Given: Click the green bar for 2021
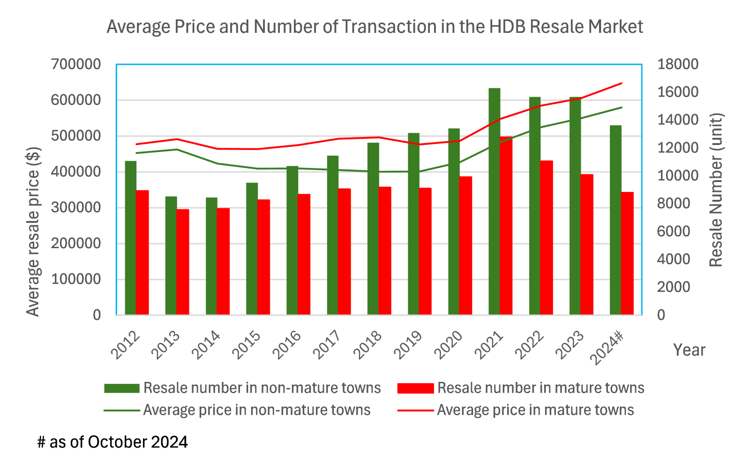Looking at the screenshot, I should [x=494, y=201].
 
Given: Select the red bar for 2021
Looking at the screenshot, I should [x=506, y=226].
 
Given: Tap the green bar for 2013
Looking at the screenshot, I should [x=171, y=256].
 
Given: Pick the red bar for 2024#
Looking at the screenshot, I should [x=627, y=253].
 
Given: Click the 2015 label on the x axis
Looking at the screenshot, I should [x=247, y=345].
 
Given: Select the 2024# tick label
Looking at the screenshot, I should [x=607, y=348].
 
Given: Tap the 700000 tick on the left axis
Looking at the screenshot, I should [x=76, y=64].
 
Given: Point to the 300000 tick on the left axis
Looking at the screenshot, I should [x=76, y=207].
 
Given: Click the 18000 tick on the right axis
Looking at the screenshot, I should [x=678, y=64].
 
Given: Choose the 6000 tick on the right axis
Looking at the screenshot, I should [x=674, y=231].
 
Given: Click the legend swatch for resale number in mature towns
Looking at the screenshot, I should [x=415, y=388].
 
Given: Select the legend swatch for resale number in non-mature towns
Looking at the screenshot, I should [x=122, y=388].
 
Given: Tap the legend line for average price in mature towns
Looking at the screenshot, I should [x=415, y=410].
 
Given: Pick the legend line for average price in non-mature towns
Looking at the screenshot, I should [x=122, y=410].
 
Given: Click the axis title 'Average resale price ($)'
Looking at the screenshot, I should [x=33, y=232].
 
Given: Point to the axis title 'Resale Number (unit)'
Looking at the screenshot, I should [x=716, y=190].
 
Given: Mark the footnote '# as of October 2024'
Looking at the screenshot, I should [x=112, y=442].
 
